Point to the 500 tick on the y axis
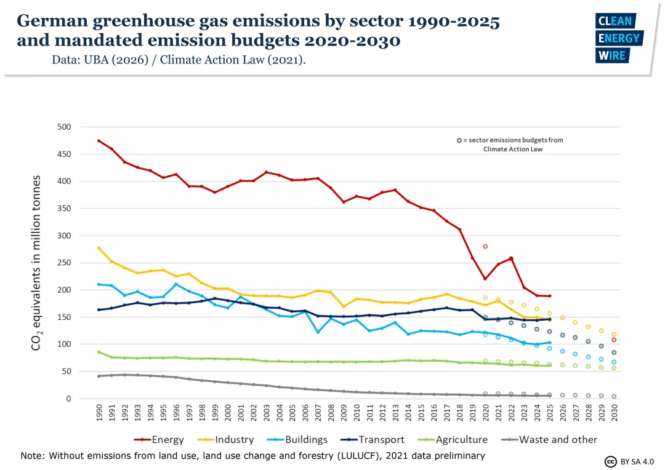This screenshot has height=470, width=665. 64,127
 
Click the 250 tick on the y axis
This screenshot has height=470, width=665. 64,263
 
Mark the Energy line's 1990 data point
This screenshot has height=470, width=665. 99,141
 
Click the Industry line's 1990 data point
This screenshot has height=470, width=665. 99,248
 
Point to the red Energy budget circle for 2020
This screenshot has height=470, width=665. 485,247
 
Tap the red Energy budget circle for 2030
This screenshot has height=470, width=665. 614,340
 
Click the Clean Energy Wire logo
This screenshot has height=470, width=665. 619,38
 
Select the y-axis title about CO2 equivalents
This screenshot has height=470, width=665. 37,263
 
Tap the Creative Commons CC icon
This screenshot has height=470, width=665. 610,461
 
